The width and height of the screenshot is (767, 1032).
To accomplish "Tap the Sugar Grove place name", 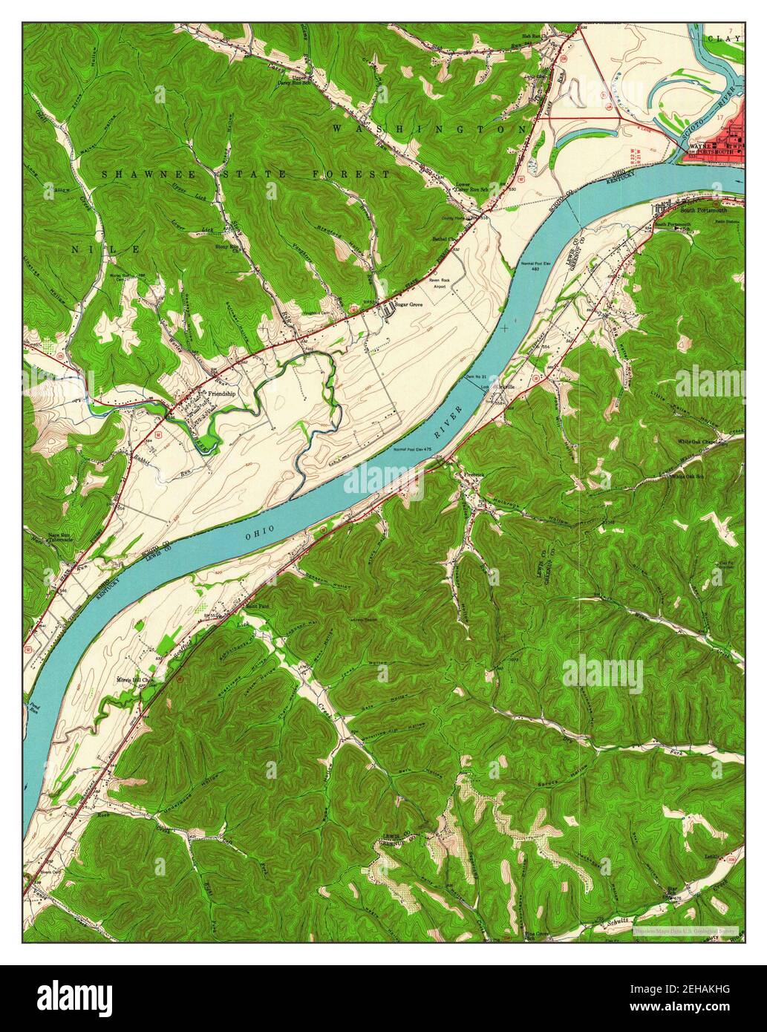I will [413, 305].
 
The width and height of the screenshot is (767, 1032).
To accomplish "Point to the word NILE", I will [105, 250].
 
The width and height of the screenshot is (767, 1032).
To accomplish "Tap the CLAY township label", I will [724, 38].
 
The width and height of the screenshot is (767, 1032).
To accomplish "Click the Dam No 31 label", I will [471, 379].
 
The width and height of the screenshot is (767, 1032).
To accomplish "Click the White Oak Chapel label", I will [698, 442].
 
